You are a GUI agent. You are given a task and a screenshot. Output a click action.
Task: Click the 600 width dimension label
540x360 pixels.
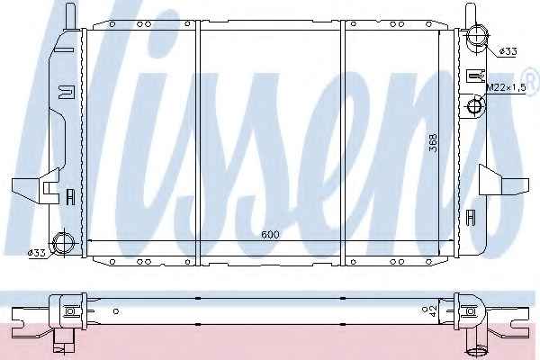[x=270, y=235]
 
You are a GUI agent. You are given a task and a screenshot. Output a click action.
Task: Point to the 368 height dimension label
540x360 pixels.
[x=433, y=142]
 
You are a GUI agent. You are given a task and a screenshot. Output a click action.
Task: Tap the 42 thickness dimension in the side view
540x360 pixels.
[x=433, y=311]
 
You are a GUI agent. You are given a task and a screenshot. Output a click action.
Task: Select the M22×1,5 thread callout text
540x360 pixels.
[x=506, y=88]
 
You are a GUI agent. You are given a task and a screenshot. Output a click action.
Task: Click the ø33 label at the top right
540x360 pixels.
[x=508, y=51]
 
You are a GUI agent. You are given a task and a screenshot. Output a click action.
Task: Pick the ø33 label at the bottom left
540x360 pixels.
[x=37, y=253]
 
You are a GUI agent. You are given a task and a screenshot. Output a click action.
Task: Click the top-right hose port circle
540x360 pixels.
[x=476, y=35]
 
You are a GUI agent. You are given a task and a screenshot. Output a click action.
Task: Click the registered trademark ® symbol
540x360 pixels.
[x=533, y=78]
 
